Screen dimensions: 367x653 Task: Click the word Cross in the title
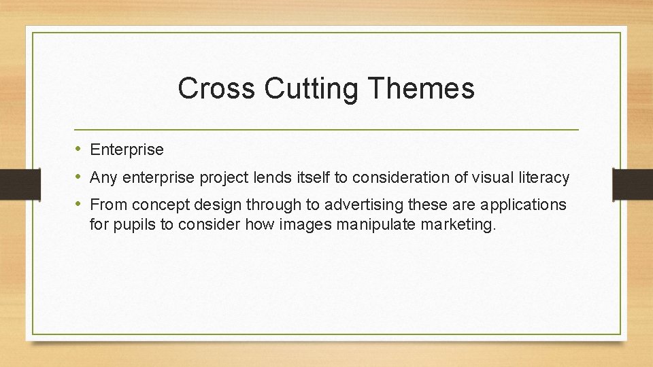pos(216,88)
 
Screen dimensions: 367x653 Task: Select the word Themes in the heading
pos(416,88)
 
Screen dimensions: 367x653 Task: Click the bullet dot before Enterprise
pos(79,149)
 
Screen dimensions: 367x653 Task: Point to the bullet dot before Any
pos(79,177)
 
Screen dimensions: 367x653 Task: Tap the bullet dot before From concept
pos(79,204)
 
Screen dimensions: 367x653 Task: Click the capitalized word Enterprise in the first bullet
pos(127,150)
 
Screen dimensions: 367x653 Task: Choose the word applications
pos(524,205)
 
